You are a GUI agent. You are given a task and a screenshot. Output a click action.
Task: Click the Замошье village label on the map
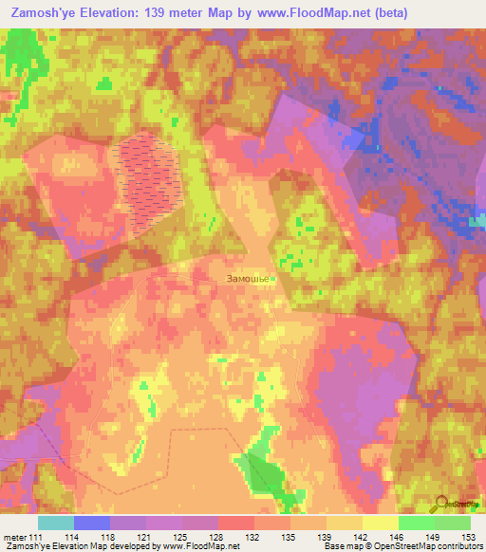[249, 279]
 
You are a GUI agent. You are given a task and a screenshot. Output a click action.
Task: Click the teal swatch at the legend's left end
[56, 523]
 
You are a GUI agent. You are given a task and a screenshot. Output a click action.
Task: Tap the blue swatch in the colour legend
[92, 523]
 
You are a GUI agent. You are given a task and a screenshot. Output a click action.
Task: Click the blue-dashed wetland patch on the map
[148, 180]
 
